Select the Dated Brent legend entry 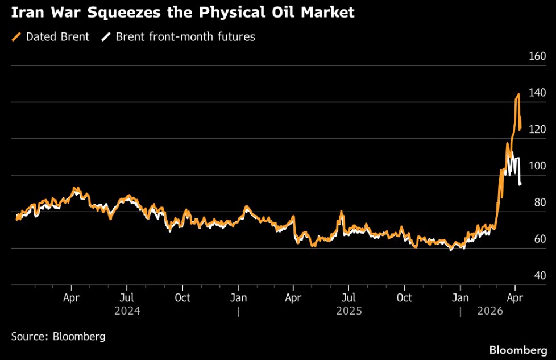click(x=57, y=37)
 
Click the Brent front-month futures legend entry click(x=185, y=37)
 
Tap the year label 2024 click(x=127, y=311)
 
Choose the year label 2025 click(x=348, y=311)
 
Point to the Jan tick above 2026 click(x=460, y=297)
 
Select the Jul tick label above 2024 click(x=127, y=297)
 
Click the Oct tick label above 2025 click(x=404, y=297)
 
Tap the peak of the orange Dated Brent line click(x=518, y=94)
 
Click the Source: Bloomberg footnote click(x=58, y=336)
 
